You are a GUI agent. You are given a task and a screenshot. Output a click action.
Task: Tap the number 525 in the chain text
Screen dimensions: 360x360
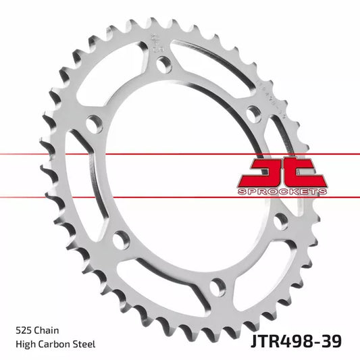click(x=24, y=331)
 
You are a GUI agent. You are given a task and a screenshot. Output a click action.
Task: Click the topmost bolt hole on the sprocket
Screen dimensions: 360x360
click(x=162, y=64)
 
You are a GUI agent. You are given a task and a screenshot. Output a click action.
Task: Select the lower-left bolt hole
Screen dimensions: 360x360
click(x=122, y=238)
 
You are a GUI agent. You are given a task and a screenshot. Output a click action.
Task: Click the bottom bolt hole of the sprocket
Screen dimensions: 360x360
click(x=215, y=286)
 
